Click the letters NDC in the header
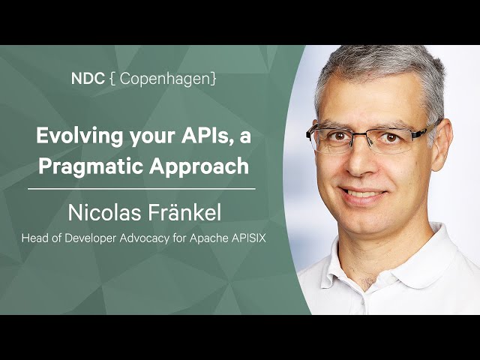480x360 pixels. coord(88,79)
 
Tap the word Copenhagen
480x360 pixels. coord(165,79)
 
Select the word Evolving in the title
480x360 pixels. coord(79,136)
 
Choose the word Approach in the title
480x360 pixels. coord(199,166)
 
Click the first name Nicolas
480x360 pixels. coord(104,213)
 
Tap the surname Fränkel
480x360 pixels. coord(184,213)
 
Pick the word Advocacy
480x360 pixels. coord(144,238)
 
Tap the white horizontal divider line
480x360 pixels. coord(142,189)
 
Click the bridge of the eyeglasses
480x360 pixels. coord(362,133)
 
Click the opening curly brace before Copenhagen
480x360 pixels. coord(112,79)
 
